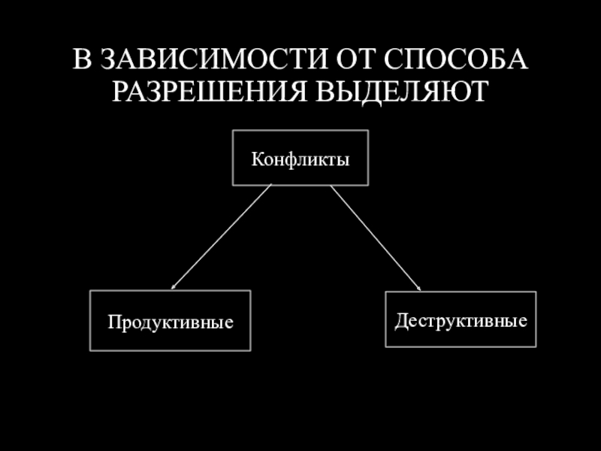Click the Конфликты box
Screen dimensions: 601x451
click(x=300, y=157)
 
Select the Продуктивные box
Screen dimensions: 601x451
click(x=170, y=320)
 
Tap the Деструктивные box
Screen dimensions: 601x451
click(x=461, y=319)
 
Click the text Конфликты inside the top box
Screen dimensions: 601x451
click(x=300, y=159)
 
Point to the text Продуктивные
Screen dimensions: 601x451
click(x=170, y=322)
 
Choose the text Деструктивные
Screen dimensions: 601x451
click(x=461, y=320)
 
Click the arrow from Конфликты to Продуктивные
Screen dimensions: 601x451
click(x=222, y=237)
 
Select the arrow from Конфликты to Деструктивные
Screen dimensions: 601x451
click(x=376, y=237)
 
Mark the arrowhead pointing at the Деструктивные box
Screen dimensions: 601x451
click(x=418, y=287)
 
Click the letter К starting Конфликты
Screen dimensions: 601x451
click(x=256, y=159)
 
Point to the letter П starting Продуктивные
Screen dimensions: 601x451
click(x=113, y=322)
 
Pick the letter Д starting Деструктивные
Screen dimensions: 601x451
click(x=400, y=320)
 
